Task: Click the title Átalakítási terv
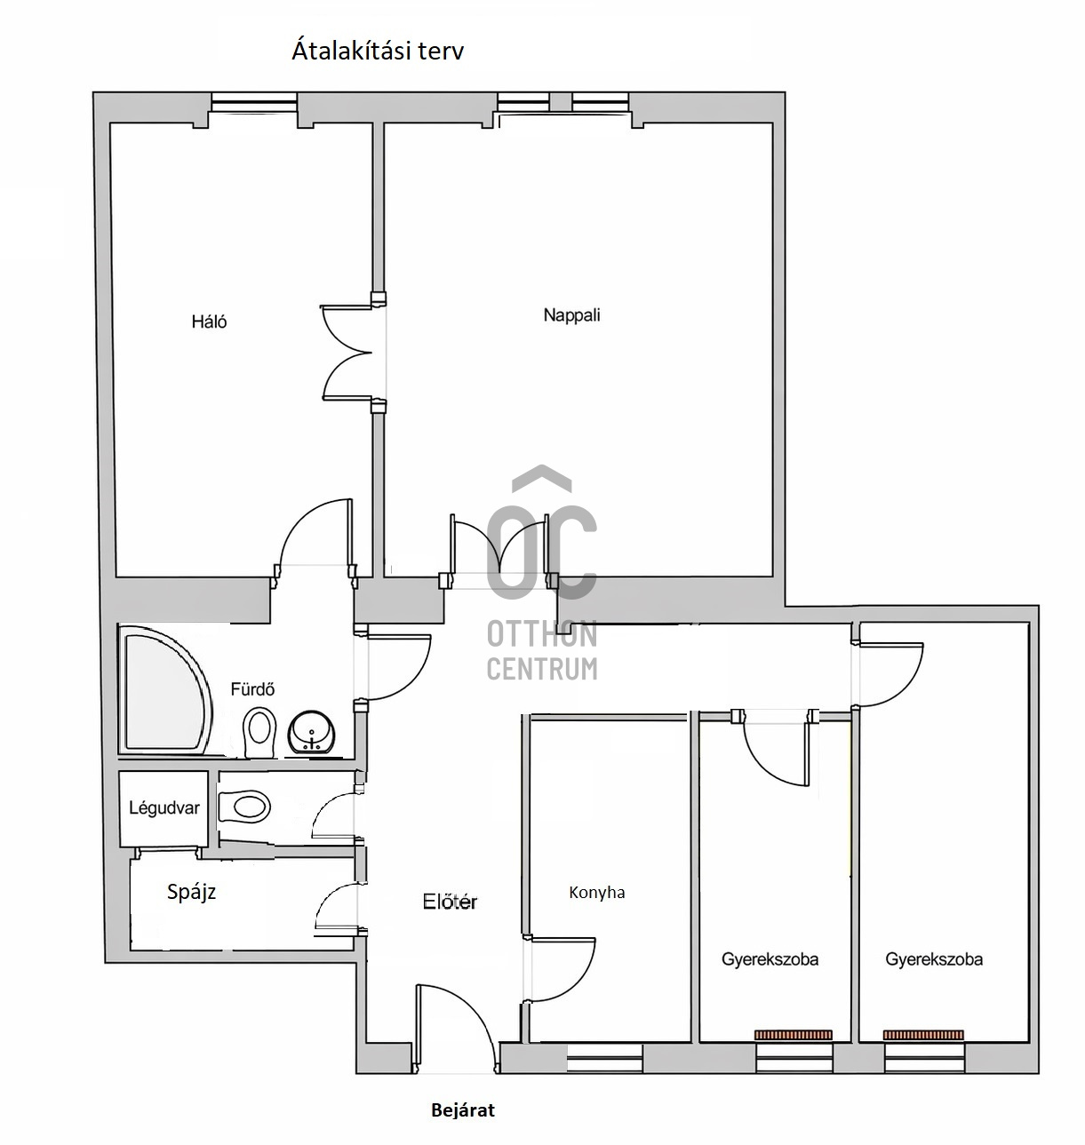click(x=378, y=52)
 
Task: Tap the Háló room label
click(x=209, y=322)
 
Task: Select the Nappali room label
click(x=571, y=315)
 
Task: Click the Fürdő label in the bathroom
click(x=252, y=689)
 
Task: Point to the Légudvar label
click(x=164, y=807)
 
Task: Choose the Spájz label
click(x=192, y=892)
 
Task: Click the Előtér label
click(x=450, y=902)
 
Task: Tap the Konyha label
click(x=596, y=892)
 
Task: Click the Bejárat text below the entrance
click(x=463, y=1110)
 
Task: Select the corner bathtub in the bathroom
click(x=164, y=691)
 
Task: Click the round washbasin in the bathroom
click(x=312, y=732)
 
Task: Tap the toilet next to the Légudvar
click(x=244, y=807)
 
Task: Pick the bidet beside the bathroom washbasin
click(x=259, y=732)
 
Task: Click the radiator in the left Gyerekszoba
click(x=793, y=1035)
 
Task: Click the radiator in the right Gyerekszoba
click(x=923, y=1035)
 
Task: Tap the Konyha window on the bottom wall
click(x=605, y=1058)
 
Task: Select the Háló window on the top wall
click(x=253, y=102)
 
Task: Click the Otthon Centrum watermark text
click(x=542, y=650)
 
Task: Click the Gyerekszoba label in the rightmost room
click(x=934, y=959)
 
